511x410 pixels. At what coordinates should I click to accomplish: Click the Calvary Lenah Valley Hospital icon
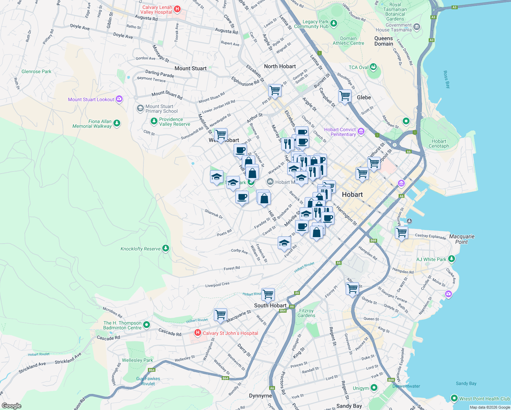177,9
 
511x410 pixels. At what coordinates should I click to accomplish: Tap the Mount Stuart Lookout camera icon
119,99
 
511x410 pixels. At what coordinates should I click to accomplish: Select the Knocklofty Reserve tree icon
166,248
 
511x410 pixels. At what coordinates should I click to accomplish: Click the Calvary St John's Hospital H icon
197,333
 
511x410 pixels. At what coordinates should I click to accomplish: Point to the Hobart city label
352,194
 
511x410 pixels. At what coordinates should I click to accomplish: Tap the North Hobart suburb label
280,66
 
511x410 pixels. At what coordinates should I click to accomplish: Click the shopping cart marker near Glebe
345,96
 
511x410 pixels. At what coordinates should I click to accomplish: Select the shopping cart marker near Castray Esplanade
402,233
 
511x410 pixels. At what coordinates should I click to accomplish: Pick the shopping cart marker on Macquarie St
221,314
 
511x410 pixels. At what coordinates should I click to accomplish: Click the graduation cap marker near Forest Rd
284,243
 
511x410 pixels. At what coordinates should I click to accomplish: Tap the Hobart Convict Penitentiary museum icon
361,132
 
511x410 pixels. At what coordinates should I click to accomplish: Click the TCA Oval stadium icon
373,67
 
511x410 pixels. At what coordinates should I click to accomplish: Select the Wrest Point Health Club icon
454,398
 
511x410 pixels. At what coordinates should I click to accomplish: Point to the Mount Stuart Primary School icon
140,109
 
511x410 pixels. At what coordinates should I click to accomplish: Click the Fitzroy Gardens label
306,313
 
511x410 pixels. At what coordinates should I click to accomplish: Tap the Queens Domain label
384,41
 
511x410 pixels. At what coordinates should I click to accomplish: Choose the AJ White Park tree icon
451,259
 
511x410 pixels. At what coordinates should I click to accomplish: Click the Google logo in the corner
12,406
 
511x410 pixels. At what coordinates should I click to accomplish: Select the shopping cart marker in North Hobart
275,91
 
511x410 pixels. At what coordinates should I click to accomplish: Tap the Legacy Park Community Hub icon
334,24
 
